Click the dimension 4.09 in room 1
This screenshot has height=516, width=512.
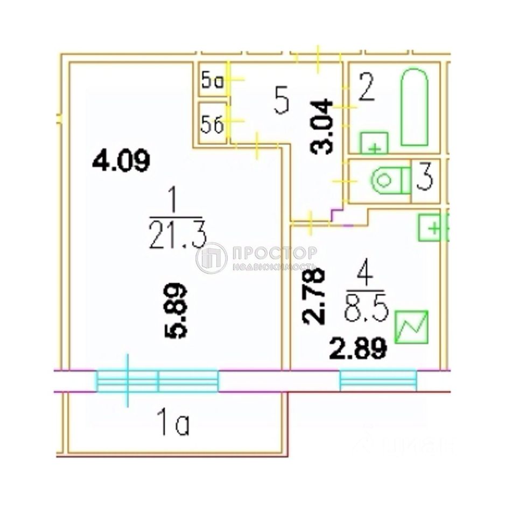[x=121, y=161]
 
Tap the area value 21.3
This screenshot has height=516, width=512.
[x=177, y=236]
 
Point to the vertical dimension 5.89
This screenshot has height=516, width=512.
[x=177, y=310]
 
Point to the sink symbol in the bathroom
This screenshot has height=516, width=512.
[x=374, y=143]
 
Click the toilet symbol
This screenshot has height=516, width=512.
[x=390, y=180]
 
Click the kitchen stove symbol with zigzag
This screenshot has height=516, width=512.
[x=412, y=326]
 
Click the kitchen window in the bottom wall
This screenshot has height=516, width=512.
[x=378, y=381]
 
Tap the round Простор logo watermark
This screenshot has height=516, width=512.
[x=211, y=259]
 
